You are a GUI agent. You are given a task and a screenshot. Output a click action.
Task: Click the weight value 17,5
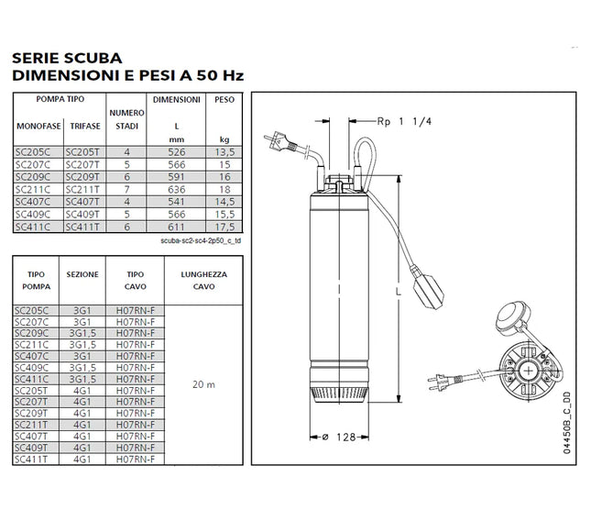(224, 224)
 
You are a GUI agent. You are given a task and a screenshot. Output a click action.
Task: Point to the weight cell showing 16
(224, 176)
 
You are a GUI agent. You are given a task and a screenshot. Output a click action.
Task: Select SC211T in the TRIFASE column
(82, 188)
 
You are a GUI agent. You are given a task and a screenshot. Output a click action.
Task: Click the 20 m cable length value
(205, 384)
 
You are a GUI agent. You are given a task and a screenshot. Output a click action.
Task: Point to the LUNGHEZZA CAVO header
(205, 280)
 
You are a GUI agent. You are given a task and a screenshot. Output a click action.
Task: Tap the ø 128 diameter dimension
(339, 437)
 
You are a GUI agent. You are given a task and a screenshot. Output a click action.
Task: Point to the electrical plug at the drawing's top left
(279, 143)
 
